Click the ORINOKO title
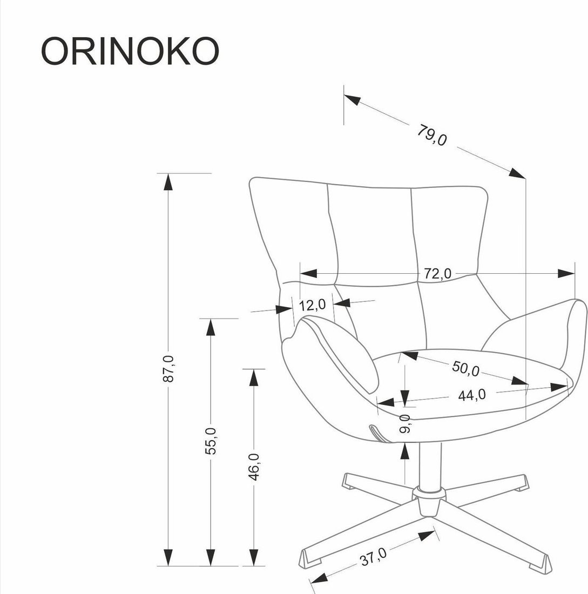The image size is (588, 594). (130, 51)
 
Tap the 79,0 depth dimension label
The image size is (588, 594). (431, 135)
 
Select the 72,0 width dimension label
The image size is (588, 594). (437, 274)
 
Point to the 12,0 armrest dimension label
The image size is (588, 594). (313, 305)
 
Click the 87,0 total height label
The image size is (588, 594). (168, 369)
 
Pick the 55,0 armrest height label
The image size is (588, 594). (211, 440)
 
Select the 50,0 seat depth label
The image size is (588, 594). (465, 369)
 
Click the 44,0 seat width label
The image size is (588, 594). (471, 395)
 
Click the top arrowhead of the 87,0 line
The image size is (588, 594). (168, 181)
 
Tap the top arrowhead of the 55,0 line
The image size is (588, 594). (211, 327)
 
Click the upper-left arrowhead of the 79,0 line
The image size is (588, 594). (352, 99)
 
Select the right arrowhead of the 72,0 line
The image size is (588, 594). (567, 273)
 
